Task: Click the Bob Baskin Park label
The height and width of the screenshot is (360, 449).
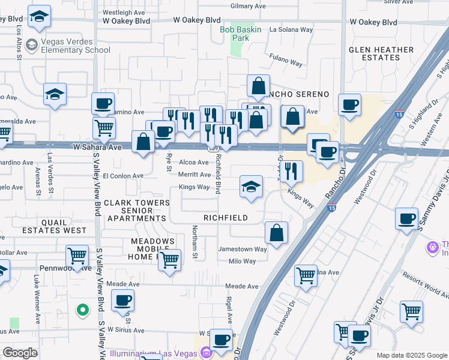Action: coord(242,33)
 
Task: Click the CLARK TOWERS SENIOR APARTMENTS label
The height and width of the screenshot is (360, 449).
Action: coord(137,211)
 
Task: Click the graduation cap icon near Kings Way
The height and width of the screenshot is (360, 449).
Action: coord(251,186)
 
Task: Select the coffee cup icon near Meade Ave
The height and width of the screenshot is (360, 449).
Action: coord(123,300)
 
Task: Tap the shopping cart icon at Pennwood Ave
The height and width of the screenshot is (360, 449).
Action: coord(77,256)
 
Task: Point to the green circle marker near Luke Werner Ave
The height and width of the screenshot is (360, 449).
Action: coord(83,310)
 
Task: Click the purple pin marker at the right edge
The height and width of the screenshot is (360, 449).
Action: coord(431,247)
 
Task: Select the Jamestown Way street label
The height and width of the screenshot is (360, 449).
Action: coord(242,249)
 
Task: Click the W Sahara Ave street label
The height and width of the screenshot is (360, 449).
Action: coord(97,146)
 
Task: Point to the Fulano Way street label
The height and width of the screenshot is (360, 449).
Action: coord(285,62)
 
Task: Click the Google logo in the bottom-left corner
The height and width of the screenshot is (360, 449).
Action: coord(20,353)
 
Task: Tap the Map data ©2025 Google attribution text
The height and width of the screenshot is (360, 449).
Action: coord(412,355)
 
